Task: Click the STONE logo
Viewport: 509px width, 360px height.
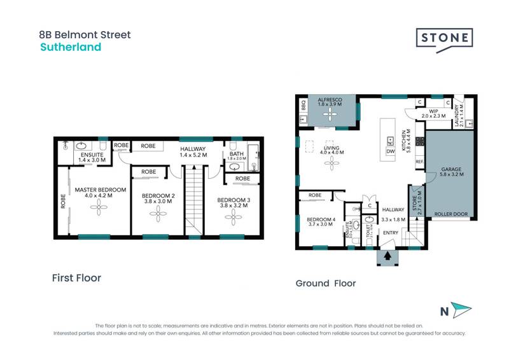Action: pyautogui.click(x=445, y=38)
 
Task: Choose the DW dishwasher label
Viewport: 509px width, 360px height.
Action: pyautogui.click(x=391, y=151)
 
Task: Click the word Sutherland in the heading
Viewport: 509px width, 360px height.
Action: pyautogui.click(x=71, y=47)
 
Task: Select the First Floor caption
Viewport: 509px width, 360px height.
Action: pyautogui.click(x=76, y=278)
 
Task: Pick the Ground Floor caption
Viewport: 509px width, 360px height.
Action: pyautogui.click(x=326, y=283)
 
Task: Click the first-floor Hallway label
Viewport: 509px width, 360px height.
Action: pyautogui.click(x=192, y=150)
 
